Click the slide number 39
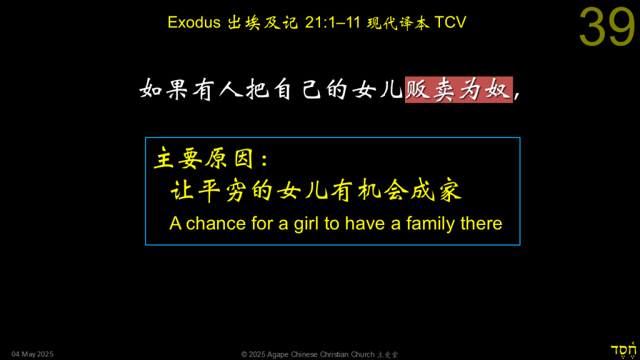click(x=607, y=27)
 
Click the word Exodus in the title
click(x=194, y=22)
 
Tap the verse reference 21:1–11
click(x=332, y=22)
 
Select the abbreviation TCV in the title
click(x=450, y=22)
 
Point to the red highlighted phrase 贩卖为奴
click(x=459, y=89)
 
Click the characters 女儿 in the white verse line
click(x=377, y=89)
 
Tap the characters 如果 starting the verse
click(x=164, y=89)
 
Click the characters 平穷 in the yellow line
click(x=222, y=191)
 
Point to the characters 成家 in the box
click(x=436, y=191)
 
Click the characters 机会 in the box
click(x=382, y=191)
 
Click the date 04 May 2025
click(x=32, y=354)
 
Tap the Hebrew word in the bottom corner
click(x=623, y=351)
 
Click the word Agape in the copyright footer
click(x=278, y=355)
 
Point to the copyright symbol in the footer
click(x=244, y=354)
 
